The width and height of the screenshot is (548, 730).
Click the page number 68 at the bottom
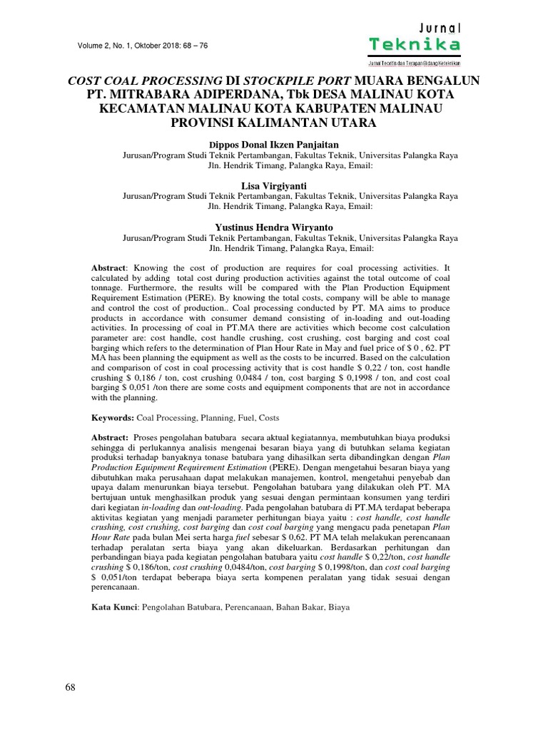pos(71,687)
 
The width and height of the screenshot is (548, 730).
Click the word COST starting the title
pos(87,81)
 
